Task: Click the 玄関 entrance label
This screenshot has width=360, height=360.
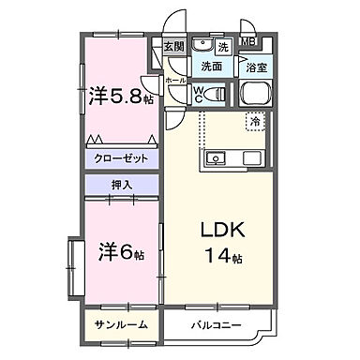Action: [x=174, y=46]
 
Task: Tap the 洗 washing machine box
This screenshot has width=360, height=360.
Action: [x=223, y=46]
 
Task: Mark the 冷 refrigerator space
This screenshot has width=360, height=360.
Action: [x=254, y=121]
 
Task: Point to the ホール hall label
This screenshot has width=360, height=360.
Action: [x=176, y=81]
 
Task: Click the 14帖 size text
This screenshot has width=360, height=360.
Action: [x=222, y=255]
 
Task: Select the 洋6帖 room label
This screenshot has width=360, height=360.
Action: [x=122, y=253]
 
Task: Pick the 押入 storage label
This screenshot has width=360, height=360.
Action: [x=122, y=186]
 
